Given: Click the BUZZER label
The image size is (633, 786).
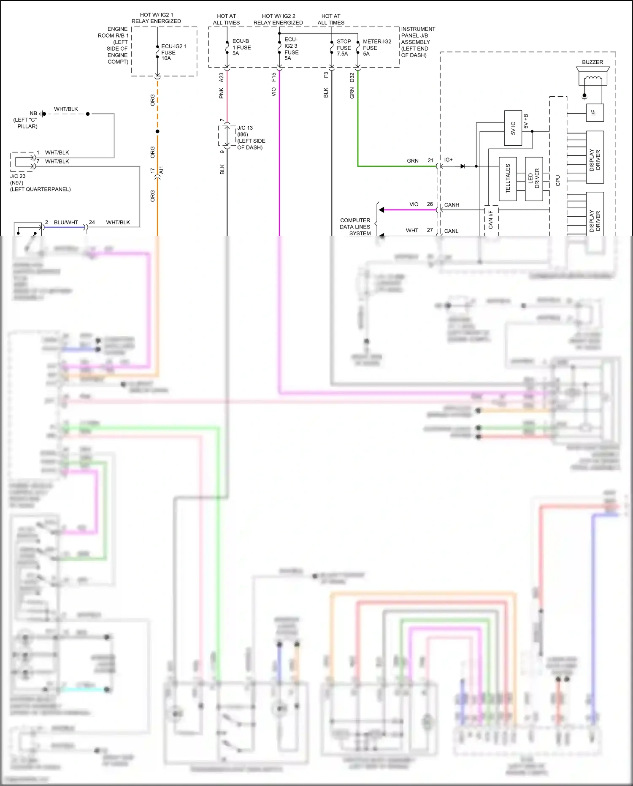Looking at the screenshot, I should [592, 62].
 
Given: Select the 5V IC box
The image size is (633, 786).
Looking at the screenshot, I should [513, 128].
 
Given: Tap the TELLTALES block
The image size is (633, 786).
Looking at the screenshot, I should [508, 179].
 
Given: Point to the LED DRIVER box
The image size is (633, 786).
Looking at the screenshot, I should [534, 179].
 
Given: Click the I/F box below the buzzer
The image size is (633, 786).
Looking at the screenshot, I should [595, 113].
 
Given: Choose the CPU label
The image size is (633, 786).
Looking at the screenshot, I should [558, 181].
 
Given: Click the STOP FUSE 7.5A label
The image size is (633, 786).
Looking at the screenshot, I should [344, 48].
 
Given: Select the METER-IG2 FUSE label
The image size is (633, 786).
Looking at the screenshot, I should [377, 48].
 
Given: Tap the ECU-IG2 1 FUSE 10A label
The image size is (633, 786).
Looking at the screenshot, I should [173, 52].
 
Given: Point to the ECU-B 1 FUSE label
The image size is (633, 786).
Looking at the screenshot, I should [241, 47].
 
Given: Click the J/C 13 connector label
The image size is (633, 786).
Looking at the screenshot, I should [251, 137].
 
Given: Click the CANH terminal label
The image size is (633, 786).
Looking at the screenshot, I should [452, 205].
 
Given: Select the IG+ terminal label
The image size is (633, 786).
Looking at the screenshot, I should [448, 160].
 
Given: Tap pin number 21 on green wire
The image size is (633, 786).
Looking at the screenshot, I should [430, 160].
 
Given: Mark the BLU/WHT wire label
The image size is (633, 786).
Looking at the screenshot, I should [66, 223].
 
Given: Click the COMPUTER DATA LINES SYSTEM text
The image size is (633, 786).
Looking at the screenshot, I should [355, 227].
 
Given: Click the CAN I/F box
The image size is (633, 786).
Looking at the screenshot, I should [491, 220].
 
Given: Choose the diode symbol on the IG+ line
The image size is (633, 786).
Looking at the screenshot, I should [463, 166].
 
